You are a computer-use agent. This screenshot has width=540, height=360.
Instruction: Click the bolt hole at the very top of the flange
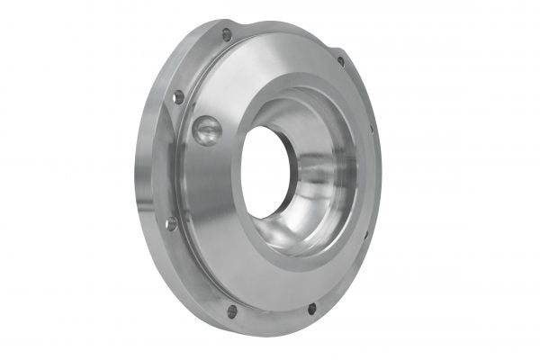point(227,34)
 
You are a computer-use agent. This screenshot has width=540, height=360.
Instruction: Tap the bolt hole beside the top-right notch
point(340,61)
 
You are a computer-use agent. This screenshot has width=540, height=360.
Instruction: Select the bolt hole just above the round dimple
point(178,96)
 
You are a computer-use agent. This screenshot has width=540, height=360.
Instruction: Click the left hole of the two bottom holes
point(232,310)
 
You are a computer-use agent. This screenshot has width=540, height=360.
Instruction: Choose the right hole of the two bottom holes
point(312,308)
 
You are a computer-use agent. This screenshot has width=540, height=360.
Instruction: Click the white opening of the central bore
point(266,171)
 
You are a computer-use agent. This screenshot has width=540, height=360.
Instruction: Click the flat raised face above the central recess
point(270,67)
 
